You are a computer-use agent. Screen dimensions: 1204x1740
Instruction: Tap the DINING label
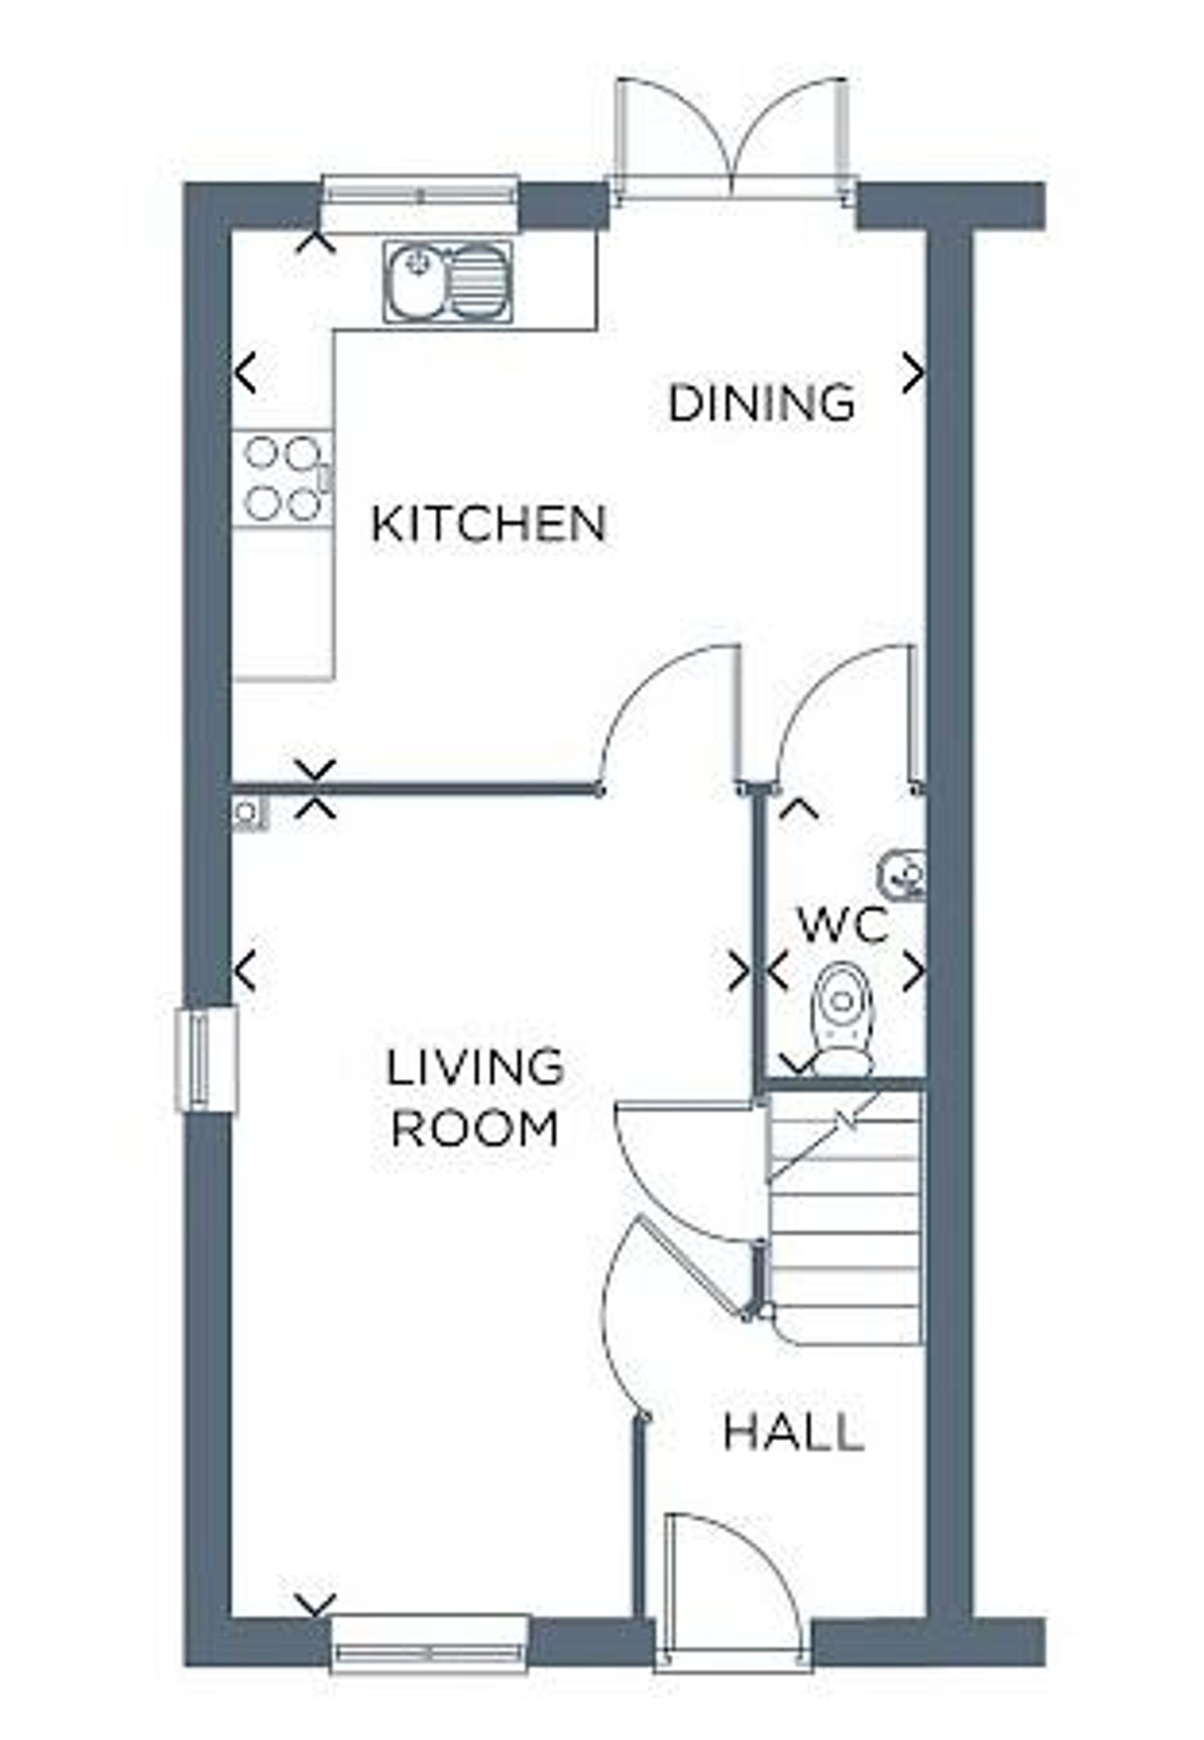click(x=762, y=403)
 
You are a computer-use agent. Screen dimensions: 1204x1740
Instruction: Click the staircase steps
click(x=845, y=1222)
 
